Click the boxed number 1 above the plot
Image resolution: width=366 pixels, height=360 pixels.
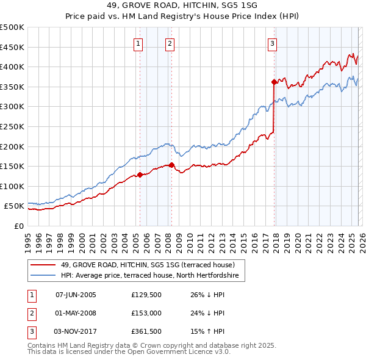pyautogui.click(x=140, y=43)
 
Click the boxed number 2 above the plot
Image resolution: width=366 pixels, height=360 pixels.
pyautogui.click(x=169, y=43)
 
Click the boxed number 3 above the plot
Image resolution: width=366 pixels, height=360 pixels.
pyautogui.click(x=271, y=43)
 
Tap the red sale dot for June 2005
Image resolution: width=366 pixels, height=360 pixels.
pyautogui.click(x=140, y=175)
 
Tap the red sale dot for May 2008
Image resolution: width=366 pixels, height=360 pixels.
pyautogui.click(x=171, y=165)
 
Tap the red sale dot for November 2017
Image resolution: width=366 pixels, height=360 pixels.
pyautogui.click(x=274, y=81)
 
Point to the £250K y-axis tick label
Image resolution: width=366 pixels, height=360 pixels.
pyautogui.click(x=12, y=126)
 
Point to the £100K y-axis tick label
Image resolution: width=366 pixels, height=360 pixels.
pyautogui.click(x=12, y=186)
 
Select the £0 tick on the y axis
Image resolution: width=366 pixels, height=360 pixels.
pyautogui.click(x=18, y=226)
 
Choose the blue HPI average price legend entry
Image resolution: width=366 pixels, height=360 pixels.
pyautogui.click(x=152, y=276)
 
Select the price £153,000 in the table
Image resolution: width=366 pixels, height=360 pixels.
pyautogui.click(x=146, y=314)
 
